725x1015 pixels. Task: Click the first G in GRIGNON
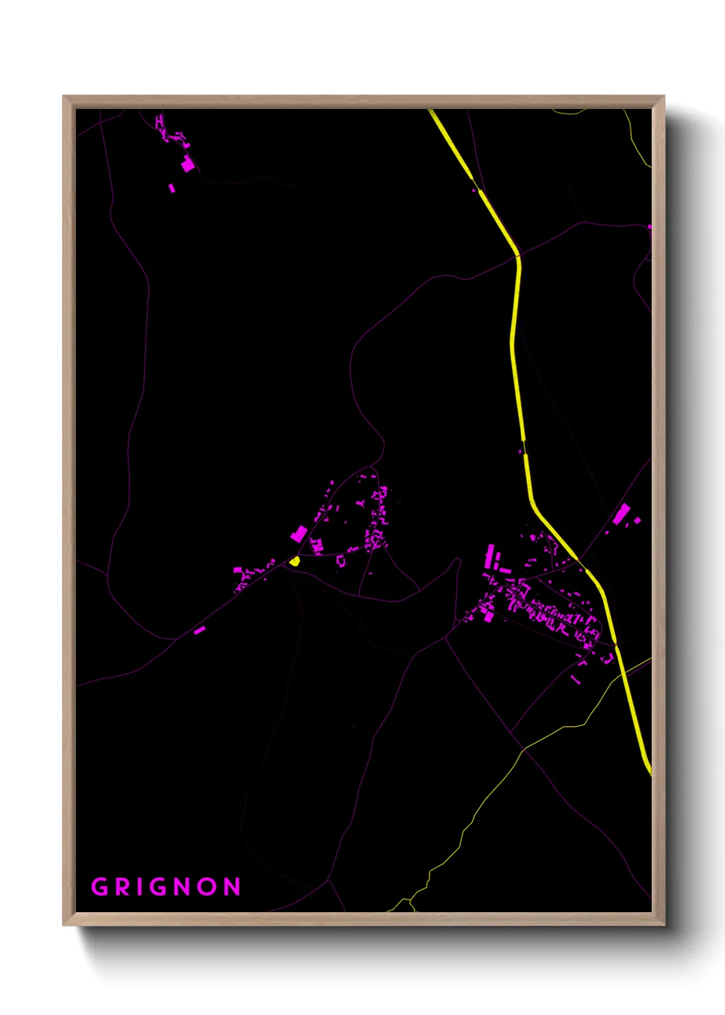[x=100, y=887]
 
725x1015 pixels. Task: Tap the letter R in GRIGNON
[x=122, y=887]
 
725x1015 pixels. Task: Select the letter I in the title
[x=140, y=887]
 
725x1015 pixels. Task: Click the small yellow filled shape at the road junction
[x=295, y=561]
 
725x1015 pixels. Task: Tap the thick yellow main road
[x=516, y=343]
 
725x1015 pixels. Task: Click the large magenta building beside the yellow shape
[x=299, y=534]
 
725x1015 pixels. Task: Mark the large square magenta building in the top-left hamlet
[x=188, y=165]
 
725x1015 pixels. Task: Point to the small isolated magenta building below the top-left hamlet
[x=171, y=187]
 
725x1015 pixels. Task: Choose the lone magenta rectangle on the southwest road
[x=199, y=630]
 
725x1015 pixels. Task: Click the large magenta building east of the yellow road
[x=622, y=514]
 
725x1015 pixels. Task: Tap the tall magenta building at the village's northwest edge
[x=489, y=556]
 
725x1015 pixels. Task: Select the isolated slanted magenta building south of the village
[x=576, y=679]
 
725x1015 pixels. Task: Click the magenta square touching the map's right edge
[x=649, y=227]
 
